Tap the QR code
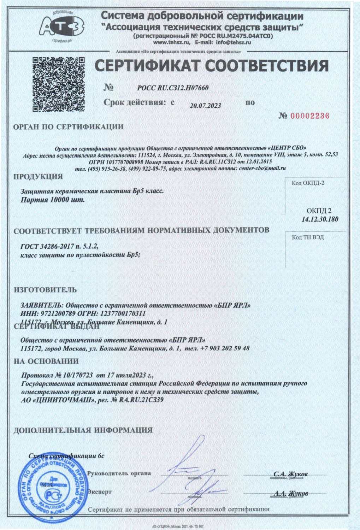point(59,84)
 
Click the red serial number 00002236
point(310,116)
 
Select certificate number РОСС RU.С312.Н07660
point(173,88)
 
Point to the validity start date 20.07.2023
point(205,106)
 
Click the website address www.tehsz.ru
point(172,42)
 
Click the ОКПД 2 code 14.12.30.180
point(320,219)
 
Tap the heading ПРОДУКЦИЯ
point(38,177)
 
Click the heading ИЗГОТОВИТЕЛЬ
point(45,290)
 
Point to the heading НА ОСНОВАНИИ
point(46,361)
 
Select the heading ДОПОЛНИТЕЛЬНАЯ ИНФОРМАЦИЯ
point(83,430)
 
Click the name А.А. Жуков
point(290,493)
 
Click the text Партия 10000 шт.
point(53,200)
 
